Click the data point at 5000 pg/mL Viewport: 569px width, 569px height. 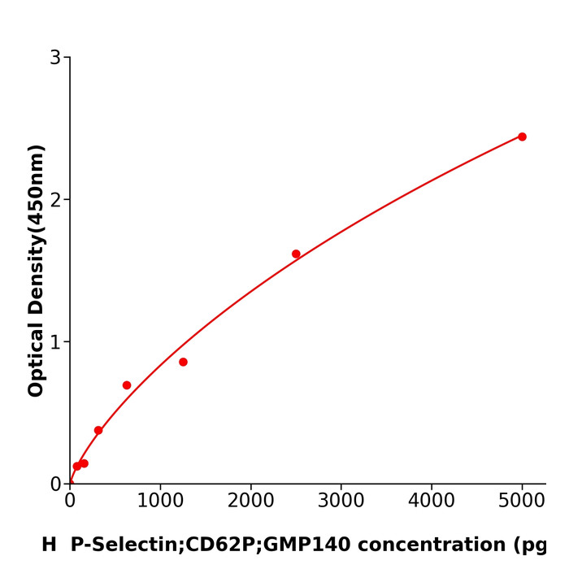tap(522, 137)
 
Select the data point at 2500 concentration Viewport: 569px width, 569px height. tap(296, 254)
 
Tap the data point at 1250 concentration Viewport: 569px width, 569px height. tap(183, 362)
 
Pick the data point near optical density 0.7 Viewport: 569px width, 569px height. tap(127, 385)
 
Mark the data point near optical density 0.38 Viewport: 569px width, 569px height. tap(98, 430)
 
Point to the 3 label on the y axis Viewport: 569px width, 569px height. tap(55, 58)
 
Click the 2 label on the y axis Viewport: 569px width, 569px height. tap(55, 200)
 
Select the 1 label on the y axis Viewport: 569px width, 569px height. tap(55, 342)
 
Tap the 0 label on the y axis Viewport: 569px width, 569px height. tap(55, 484)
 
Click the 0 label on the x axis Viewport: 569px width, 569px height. tap(70, 501)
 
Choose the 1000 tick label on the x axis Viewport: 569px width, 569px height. tap(160, 501)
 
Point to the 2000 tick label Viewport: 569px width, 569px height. tap(250, 501)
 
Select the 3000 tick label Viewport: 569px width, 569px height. tap(341, 501)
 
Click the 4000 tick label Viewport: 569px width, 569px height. tap(431, 501)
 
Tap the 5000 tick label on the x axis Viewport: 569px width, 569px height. tap(522, 501)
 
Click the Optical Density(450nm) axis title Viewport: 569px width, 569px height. tap(36, 270)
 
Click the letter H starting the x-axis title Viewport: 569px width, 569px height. tap(49, 545)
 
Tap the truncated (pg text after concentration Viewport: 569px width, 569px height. tap(532, 545)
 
